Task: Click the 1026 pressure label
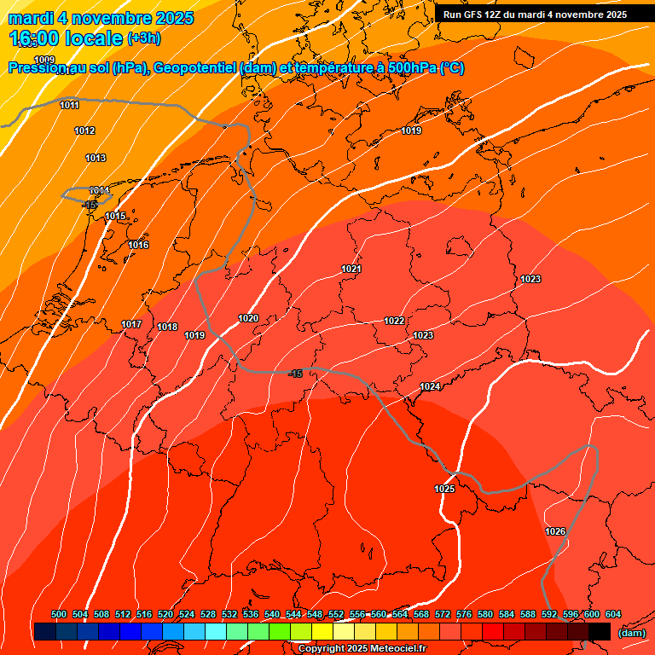pos(555,531)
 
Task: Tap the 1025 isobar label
pos(444,489)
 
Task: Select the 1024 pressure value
pos(430,387)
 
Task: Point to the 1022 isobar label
pos(394,321)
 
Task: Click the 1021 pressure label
pos(351,269)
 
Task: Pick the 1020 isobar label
pos(248,318)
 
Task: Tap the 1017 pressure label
pos(131,324)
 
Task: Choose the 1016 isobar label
pos(138,245)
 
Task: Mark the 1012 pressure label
pos(84,130)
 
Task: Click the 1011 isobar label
pos(70,105)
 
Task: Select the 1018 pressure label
pos(167,327)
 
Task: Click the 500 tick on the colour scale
pos(59,614)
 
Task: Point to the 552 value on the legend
pos(336,614)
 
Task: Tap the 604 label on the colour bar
pos(612,614)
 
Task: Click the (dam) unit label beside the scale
pos(631,633)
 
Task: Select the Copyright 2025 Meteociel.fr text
pos(362,649)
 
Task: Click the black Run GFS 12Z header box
pos(535,14)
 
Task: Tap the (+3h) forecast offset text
pos(143,38)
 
